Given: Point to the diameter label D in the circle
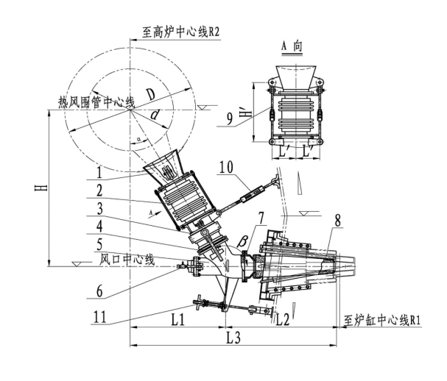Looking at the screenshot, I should [x=150, y=94].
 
